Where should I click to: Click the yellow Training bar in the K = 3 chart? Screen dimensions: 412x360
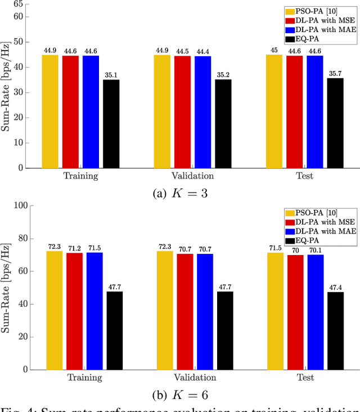coord(50,111)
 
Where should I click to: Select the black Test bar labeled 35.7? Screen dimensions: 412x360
coord(335,123)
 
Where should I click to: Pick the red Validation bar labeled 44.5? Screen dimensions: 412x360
coord(183,112)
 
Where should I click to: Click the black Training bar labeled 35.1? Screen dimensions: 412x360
coord(111,123)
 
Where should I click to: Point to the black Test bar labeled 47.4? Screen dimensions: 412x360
coord(336,330)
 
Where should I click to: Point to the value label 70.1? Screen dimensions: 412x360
coord(316,250)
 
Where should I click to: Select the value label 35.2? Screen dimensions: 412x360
coord(223,75)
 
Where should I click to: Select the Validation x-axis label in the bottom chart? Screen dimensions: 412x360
coord(193,377)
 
